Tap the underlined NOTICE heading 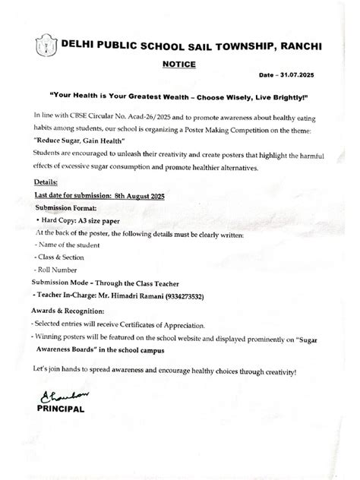[x=179, y=65]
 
